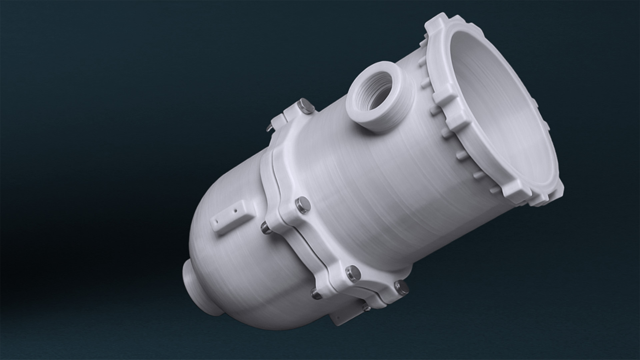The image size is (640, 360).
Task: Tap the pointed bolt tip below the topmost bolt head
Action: click(269, 128)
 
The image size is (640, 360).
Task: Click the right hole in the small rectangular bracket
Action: click(235, 211)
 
